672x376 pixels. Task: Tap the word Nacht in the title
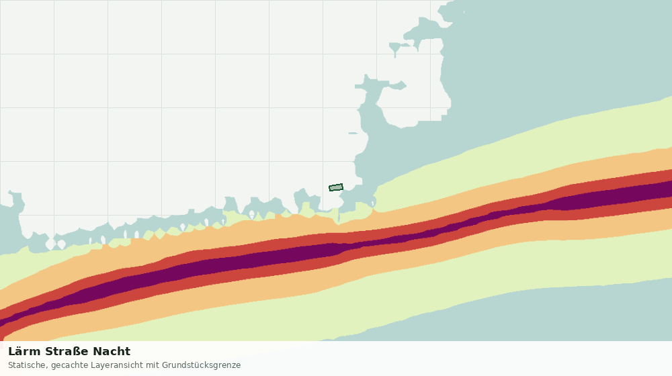point(112,352)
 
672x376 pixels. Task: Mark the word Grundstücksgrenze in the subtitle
point(202,366)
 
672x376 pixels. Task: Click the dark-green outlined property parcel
point(336,187)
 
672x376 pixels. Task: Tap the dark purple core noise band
point(300,253)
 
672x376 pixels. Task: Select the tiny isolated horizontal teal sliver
point(353,133)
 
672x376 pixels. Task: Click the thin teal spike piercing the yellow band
point(339,216)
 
